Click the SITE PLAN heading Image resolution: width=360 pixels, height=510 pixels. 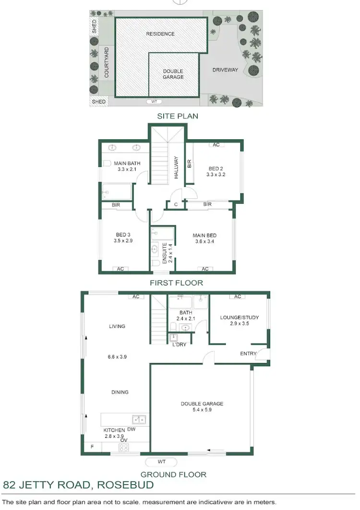178,116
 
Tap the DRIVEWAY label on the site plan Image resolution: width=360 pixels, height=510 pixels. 225,70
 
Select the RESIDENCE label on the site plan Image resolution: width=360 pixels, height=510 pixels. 160,34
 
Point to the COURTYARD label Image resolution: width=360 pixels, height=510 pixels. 107,62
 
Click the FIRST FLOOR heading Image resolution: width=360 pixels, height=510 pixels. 176,283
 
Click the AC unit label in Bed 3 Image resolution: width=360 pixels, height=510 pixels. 120,269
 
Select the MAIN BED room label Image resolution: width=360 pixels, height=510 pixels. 204,235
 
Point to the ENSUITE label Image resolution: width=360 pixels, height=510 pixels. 164,253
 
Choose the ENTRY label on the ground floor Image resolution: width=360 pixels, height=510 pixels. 248,354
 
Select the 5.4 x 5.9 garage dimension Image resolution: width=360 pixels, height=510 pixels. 202,410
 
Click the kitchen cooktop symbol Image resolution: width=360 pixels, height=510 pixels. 123,448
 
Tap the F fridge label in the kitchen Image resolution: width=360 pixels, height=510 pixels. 93,447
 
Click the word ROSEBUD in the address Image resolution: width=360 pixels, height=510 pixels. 125,485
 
